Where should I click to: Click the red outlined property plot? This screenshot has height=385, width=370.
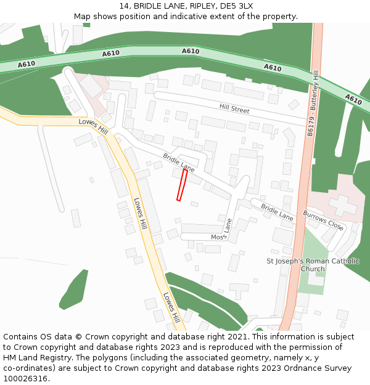point(182,184)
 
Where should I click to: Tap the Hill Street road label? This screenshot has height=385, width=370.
point(234,109)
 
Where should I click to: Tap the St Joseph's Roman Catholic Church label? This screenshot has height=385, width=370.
point(313,265)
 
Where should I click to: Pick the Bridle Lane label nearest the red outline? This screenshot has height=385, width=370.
point(179,163)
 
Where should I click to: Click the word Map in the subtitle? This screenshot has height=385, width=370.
point(83,17)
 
